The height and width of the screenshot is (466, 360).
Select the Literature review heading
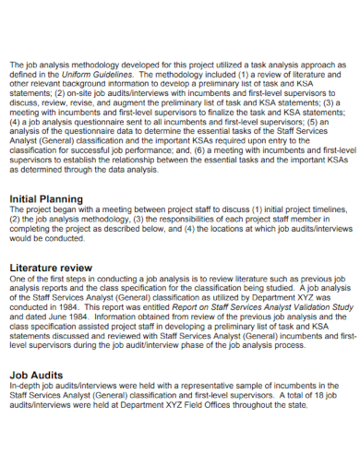coord(54,266)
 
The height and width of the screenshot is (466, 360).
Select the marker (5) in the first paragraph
coord(317,120)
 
